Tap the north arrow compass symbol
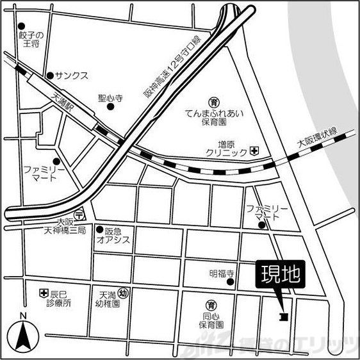(22, 335)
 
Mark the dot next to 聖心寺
(111, 107)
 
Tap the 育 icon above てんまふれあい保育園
(215, 101)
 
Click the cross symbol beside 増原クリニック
(254, 151)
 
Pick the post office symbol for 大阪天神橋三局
(78, 214)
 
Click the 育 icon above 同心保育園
(209, 304)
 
